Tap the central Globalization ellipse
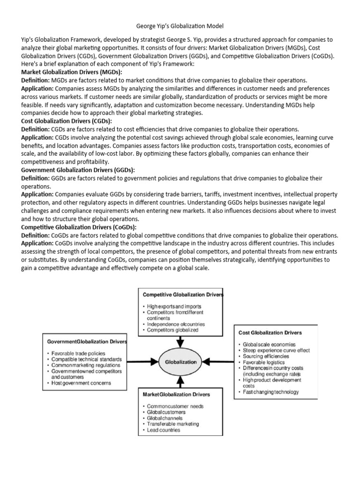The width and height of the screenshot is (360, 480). pyautogui.click(x=180, y=362)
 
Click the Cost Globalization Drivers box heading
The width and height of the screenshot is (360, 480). pyautogui.click(x=270, y=332)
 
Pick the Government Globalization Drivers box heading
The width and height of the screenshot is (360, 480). pyautogui.click(x=85, y=342)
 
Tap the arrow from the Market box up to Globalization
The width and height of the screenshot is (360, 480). pyautogui.click(x=181, y=381)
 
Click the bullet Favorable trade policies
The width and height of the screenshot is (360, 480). pyautogui.click(x=78, y=353)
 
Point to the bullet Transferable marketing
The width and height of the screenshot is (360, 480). pyautogui.click(x=172, y=424)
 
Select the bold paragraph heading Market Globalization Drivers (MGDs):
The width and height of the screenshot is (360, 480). pyautogui.click(x=72, y=72)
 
